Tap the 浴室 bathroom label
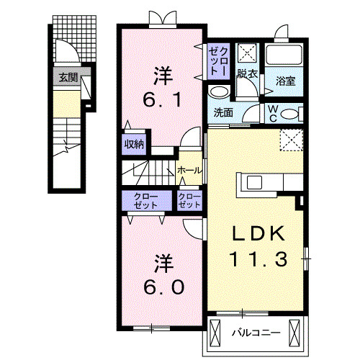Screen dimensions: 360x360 coord(286,82)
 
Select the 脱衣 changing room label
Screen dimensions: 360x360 coord(248,74)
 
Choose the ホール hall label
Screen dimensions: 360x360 coord(189,170)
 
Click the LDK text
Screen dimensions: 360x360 coord(258,233)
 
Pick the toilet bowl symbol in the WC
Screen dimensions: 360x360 coord(289,113)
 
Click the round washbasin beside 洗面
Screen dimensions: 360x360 coord(217,92)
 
